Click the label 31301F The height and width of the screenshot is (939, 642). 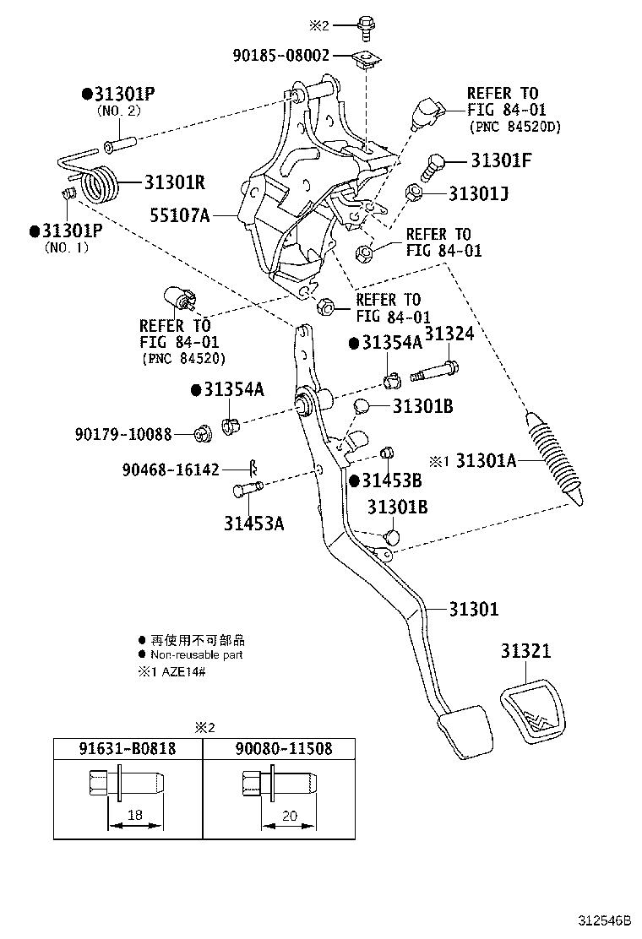point(501,160)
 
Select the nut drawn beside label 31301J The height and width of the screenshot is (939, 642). point(415,193)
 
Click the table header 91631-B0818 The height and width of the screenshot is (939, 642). point(128,748)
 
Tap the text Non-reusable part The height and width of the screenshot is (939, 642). point(196,654)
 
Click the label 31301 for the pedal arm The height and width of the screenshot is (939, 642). point(474,609)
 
